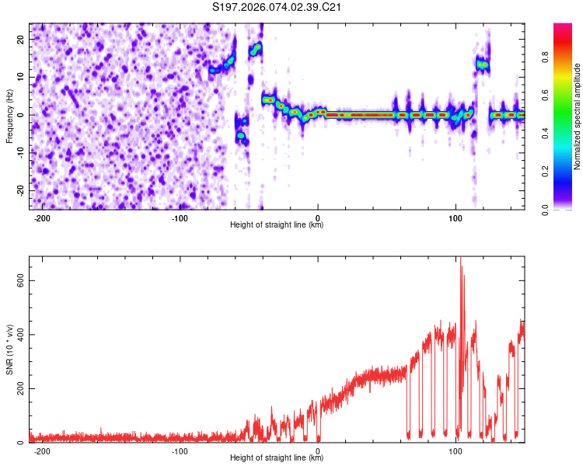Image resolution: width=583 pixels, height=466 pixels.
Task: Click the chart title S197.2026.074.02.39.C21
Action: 278,8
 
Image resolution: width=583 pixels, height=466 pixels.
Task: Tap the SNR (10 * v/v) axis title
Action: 9,349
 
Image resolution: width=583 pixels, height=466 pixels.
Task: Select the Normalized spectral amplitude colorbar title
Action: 578,116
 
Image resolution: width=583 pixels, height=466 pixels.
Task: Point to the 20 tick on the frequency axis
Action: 21,39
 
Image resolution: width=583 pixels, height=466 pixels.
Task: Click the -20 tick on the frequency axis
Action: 19,190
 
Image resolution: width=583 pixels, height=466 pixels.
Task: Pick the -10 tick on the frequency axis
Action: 19,152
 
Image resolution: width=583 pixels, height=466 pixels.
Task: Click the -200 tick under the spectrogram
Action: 43,217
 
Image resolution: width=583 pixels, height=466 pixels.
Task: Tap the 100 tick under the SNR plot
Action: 456,450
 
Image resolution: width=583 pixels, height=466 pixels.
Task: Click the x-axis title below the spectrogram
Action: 278,225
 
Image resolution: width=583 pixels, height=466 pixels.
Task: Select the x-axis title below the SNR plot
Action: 278,458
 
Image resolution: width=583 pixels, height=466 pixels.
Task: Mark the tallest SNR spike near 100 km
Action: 460,260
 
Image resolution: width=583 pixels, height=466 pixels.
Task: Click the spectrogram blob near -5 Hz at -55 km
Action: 241,134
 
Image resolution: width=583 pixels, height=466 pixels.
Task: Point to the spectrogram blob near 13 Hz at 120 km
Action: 483,64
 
